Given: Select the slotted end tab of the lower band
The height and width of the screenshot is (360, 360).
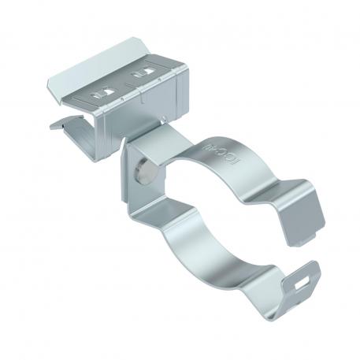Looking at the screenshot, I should click(302, 276).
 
